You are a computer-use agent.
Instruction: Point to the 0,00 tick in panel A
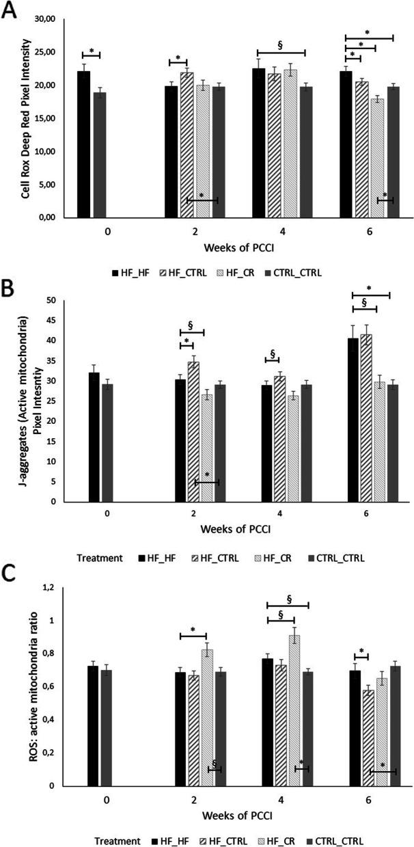pyautogui.click(x=60, y=217)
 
